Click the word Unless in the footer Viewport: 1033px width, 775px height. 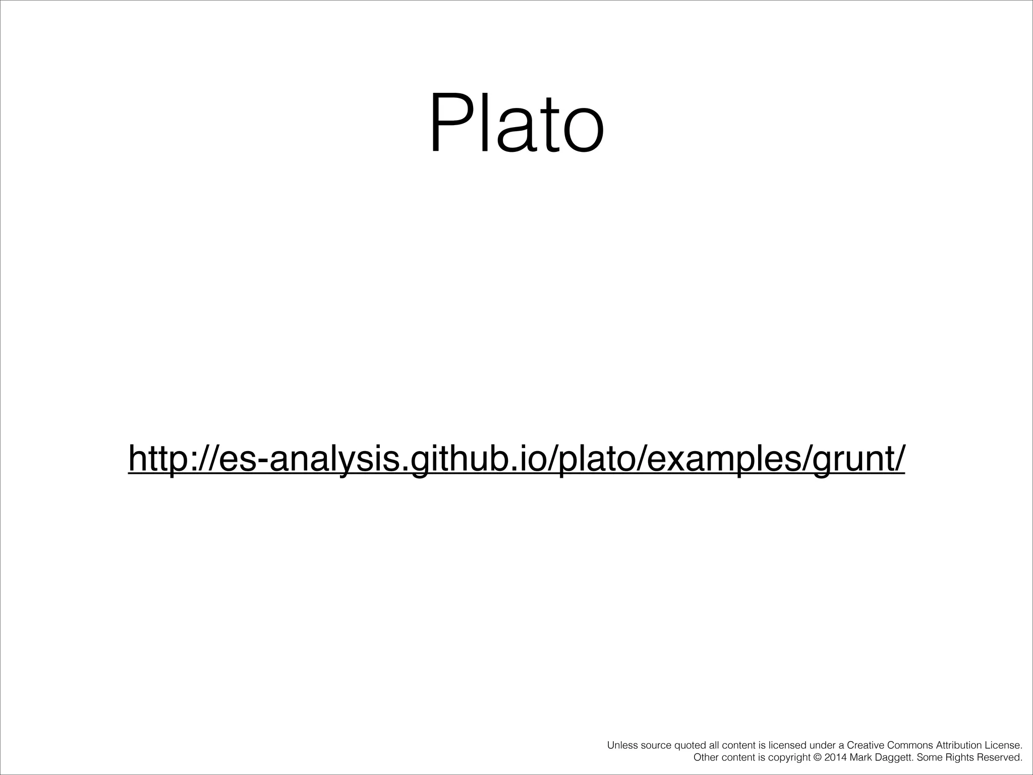(x=622, y=745)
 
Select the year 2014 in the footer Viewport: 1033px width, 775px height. (x=835, y=757)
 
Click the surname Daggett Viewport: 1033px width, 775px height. (x=893, y=758)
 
